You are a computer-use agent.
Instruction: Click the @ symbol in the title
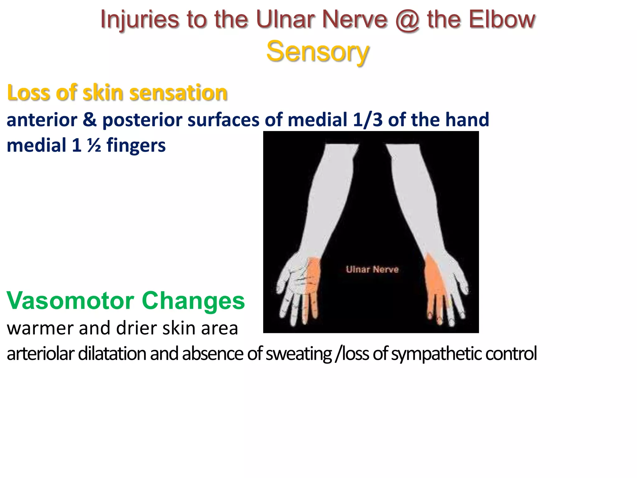pos(407,20)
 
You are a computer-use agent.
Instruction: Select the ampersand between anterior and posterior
pos(90,120)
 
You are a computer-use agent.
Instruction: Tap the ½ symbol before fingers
pos(94,146)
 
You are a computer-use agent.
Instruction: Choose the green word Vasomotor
pos(71,301)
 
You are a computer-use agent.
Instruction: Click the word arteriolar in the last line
pos(40,354)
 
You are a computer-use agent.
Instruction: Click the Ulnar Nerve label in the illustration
pos(372,269)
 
